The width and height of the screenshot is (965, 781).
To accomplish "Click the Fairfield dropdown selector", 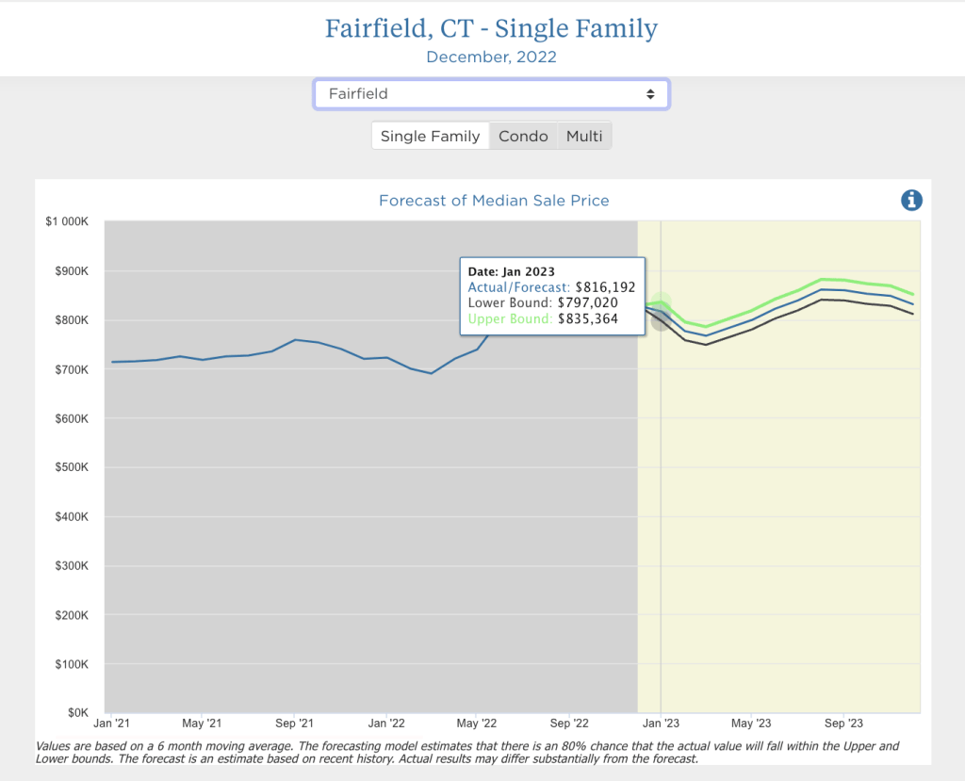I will click(x=491, y=94).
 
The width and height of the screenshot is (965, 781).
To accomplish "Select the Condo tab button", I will click(x=523, y=137).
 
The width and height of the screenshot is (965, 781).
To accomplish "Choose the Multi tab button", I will click(x=584, y=137).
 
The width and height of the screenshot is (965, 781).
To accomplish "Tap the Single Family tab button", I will click(x=430, y=137).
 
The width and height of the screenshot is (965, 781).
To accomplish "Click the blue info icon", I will click(x=911, y=200).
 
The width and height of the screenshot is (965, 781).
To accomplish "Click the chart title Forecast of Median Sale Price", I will click(x=494, y=201).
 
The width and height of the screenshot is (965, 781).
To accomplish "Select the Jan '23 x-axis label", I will click(x=661, y=724).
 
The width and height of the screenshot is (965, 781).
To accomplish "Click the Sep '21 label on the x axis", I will click(x=294, y=724).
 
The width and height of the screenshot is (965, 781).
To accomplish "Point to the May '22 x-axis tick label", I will click(x=477, y=724).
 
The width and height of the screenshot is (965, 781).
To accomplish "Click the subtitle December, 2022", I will click(x=491, y=57).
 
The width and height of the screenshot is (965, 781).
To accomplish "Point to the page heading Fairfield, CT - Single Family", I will click(x=491, y=28).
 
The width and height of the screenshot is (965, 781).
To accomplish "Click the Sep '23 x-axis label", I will click(x=843, y=724).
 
